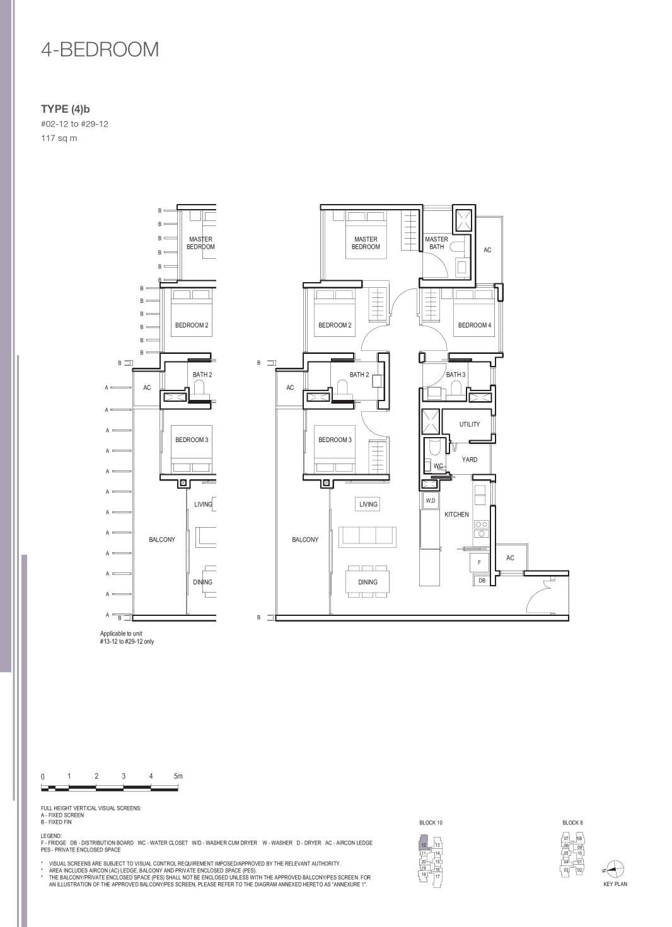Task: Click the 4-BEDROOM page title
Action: [x=100, y=50]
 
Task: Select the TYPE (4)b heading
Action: [x=66, y=109]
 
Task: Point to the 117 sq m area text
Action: [x=59, y=138]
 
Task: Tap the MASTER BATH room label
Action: [x=436, y=243]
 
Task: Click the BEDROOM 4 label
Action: [x=474, y=325]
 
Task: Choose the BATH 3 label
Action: [x=455, y=375]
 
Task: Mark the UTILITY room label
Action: [x=469, y=424]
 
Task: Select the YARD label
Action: [x=469, y=460]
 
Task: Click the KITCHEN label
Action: [x=456, y=515]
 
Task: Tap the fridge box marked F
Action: [x=479, y=562]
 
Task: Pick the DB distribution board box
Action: [x=482, y=581]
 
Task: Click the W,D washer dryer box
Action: [x=431, y=501]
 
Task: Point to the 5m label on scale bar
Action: [x=178, y=776]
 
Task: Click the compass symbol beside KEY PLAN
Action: [x=615, y=869]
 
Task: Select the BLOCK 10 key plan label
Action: [x=431, y=822]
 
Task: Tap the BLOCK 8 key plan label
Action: [x=572, y=822]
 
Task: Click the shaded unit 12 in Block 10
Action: [x=424, y=844]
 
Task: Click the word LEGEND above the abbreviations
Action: [x=51, y=836]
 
